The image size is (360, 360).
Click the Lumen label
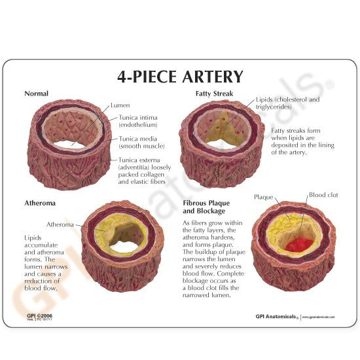(121, 105)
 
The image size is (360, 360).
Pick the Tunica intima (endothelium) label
(137, 120)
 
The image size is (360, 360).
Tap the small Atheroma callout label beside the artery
(60, 224)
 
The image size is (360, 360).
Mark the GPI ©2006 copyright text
(38, 315)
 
